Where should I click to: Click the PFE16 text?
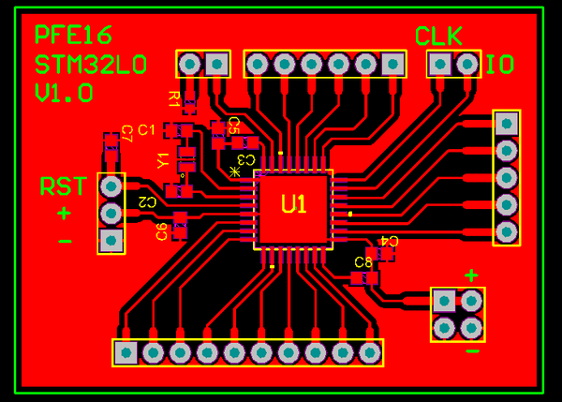[73, 36]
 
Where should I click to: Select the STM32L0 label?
[90, 65]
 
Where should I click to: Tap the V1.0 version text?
[64, 93]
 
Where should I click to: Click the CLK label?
[438, 37]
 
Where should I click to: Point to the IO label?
[499, 65]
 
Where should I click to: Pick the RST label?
[63, 186]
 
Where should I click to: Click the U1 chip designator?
[293, 203]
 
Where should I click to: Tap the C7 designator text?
[126, 133]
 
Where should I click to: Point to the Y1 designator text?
[163, 160]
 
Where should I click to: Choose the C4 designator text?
[388, 241]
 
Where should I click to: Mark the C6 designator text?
[162, 231]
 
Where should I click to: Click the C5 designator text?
[233, 125]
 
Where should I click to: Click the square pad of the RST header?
[111, 241]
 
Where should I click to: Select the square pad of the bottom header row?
[125, 352]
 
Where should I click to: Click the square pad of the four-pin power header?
[444, 301]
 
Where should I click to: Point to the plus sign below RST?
[64, 214]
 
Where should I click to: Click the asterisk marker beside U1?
[234, 171]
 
